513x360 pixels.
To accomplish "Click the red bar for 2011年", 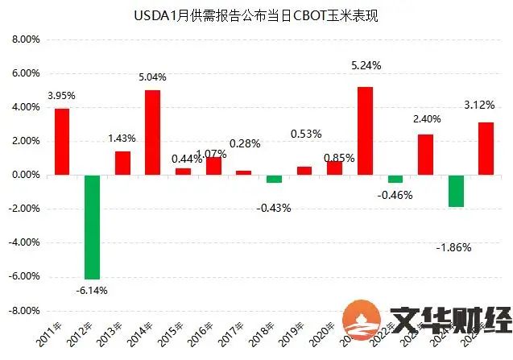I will (62, 141).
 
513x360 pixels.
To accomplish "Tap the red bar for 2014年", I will (153, 132).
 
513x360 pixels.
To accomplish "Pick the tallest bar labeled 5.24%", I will (365, 130).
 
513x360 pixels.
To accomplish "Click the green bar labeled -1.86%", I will (456, 190).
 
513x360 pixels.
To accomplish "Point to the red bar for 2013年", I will (122, 163).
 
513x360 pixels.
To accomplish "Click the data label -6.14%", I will (91, 290).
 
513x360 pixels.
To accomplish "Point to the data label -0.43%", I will (275, 208).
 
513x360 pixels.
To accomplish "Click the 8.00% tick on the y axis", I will (25, 39).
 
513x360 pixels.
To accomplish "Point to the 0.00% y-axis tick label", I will (25, 175).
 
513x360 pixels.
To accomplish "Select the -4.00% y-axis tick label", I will (23, 242).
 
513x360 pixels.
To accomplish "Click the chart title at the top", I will (256, 15).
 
